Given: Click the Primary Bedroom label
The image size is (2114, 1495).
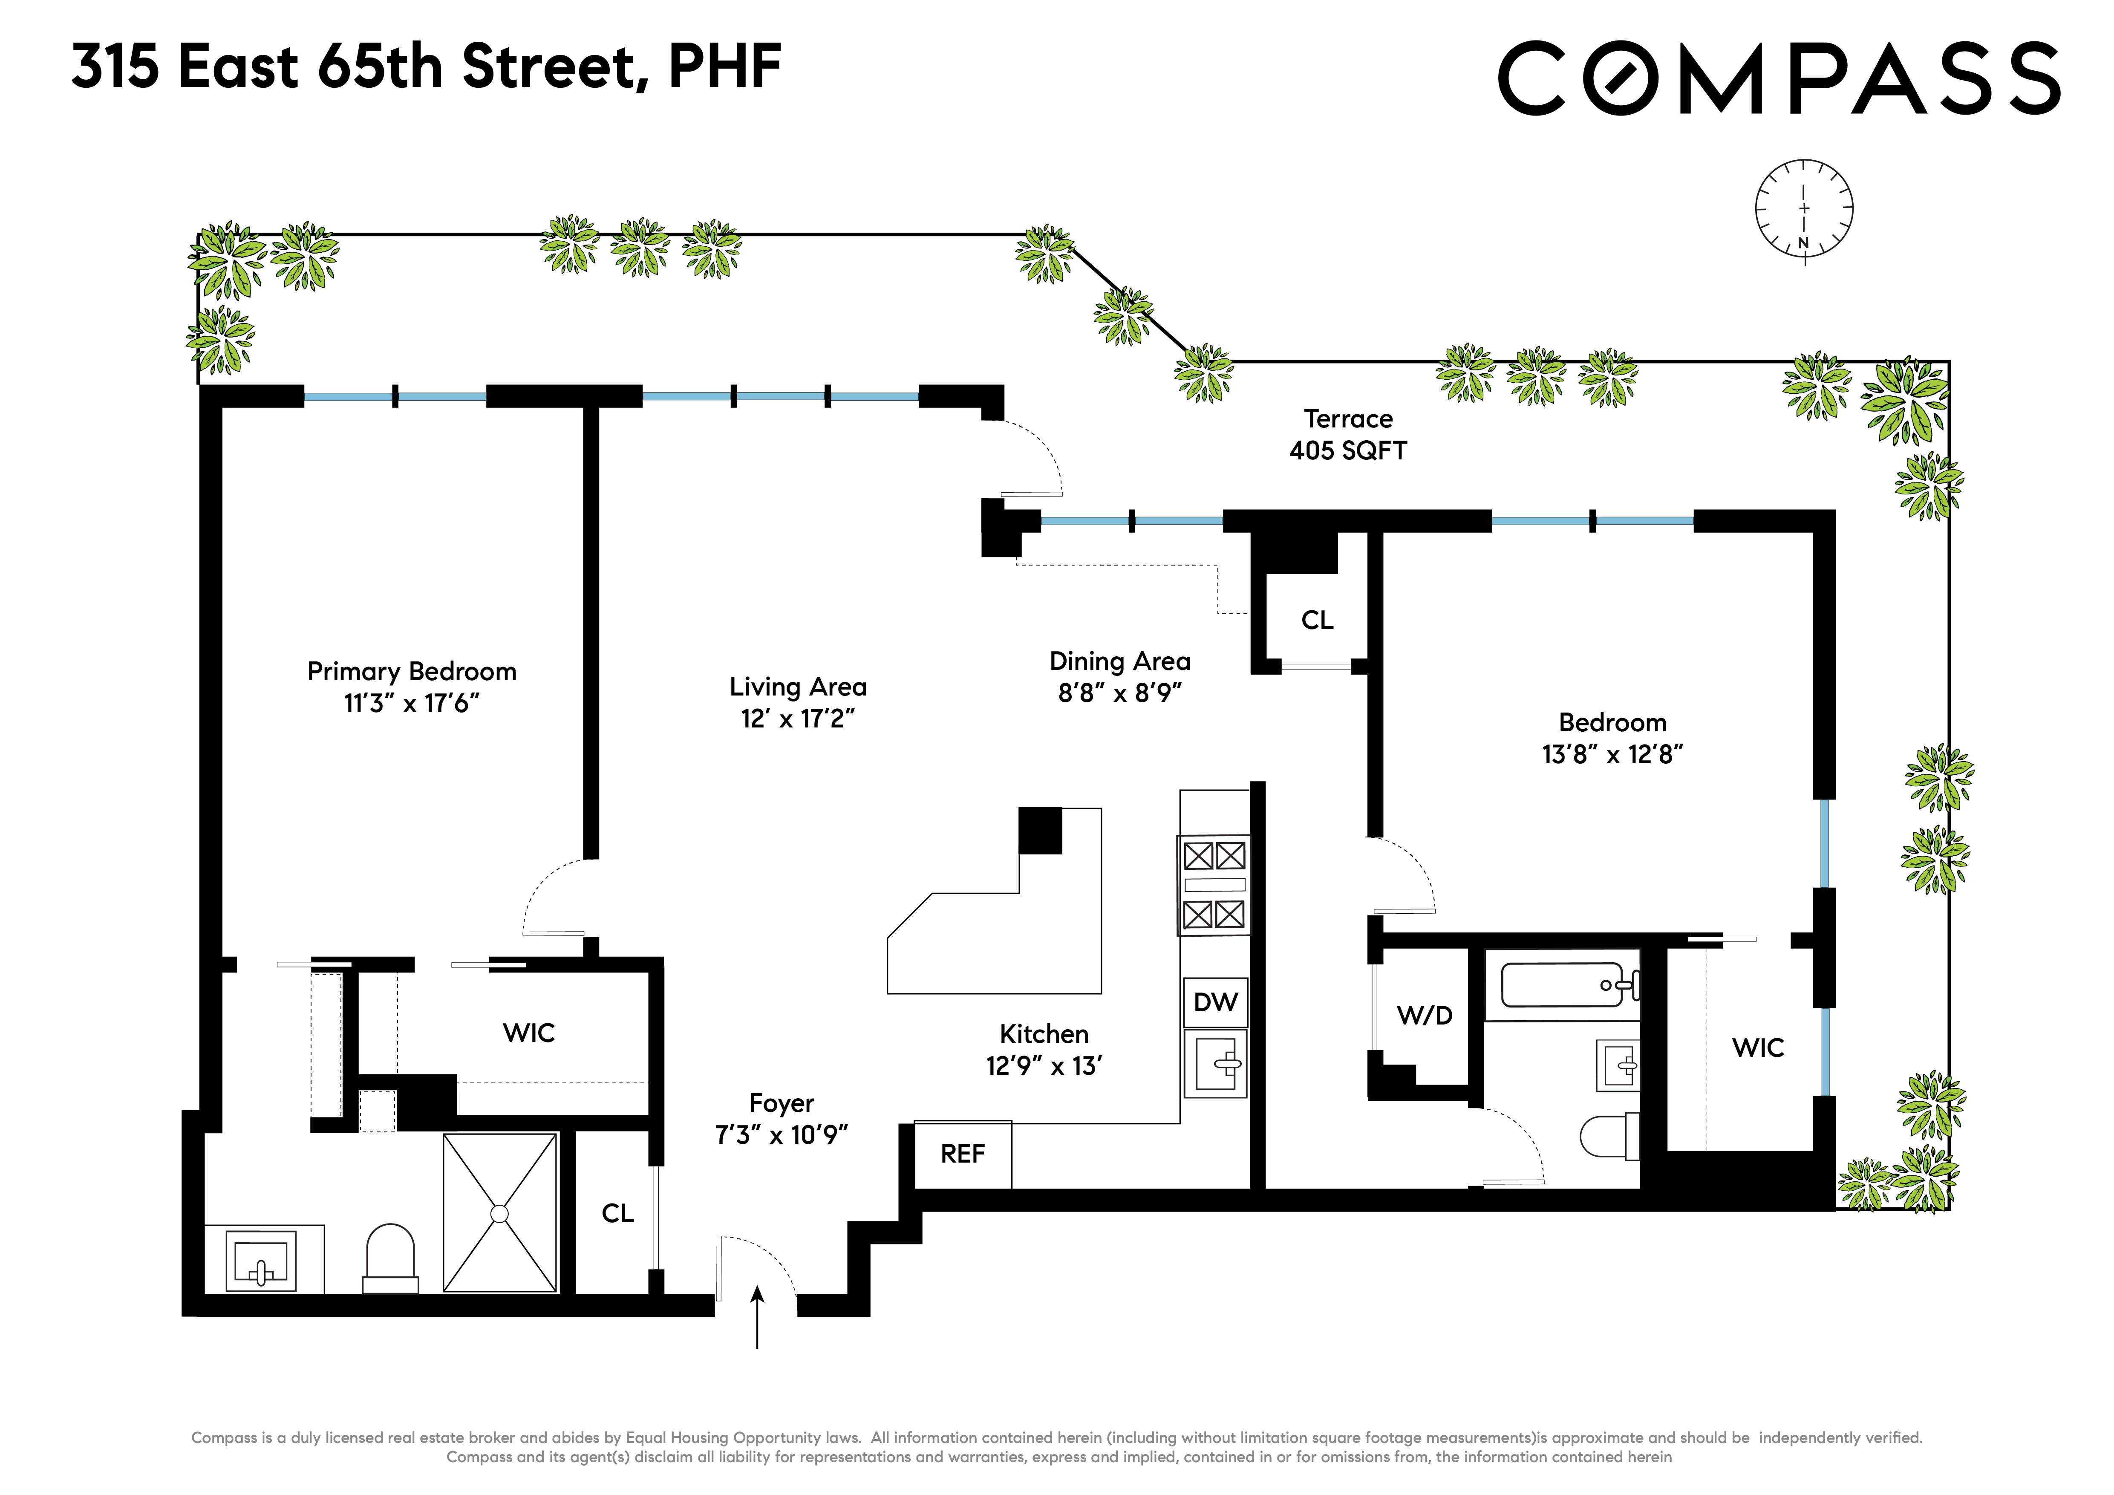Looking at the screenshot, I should pyautogui.click(x=412, y=671).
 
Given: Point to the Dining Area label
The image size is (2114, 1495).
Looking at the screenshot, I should pyautogui.click(x=1119, y=661).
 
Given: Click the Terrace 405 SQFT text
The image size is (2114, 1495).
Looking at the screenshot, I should pyautogui.click(x=1348, y=435).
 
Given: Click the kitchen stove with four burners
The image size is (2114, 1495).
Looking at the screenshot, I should pyautogui.click(x=1214, y=885).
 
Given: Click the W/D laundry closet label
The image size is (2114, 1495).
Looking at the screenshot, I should pyautogui.click(x=1425, y=1016).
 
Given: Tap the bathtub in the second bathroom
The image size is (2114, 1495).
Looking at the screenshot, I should pyautogui.click(x=1563, y=985).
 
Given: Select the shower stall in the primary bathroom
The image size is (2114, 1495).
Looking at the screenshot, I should pyautogui.click(x=500, y=1212).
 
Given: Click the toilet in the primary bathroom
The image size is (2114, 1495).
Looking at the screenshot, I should pyautogui.click(x=390, y=1258).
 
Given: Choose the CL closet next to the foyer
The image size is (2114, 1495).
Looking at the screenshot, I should pyautogui.click(x=617, y=1213).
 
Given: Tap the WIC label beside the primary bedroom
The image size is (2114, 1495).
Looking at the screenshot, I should pyautogui.click(x=528, y=1033).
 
